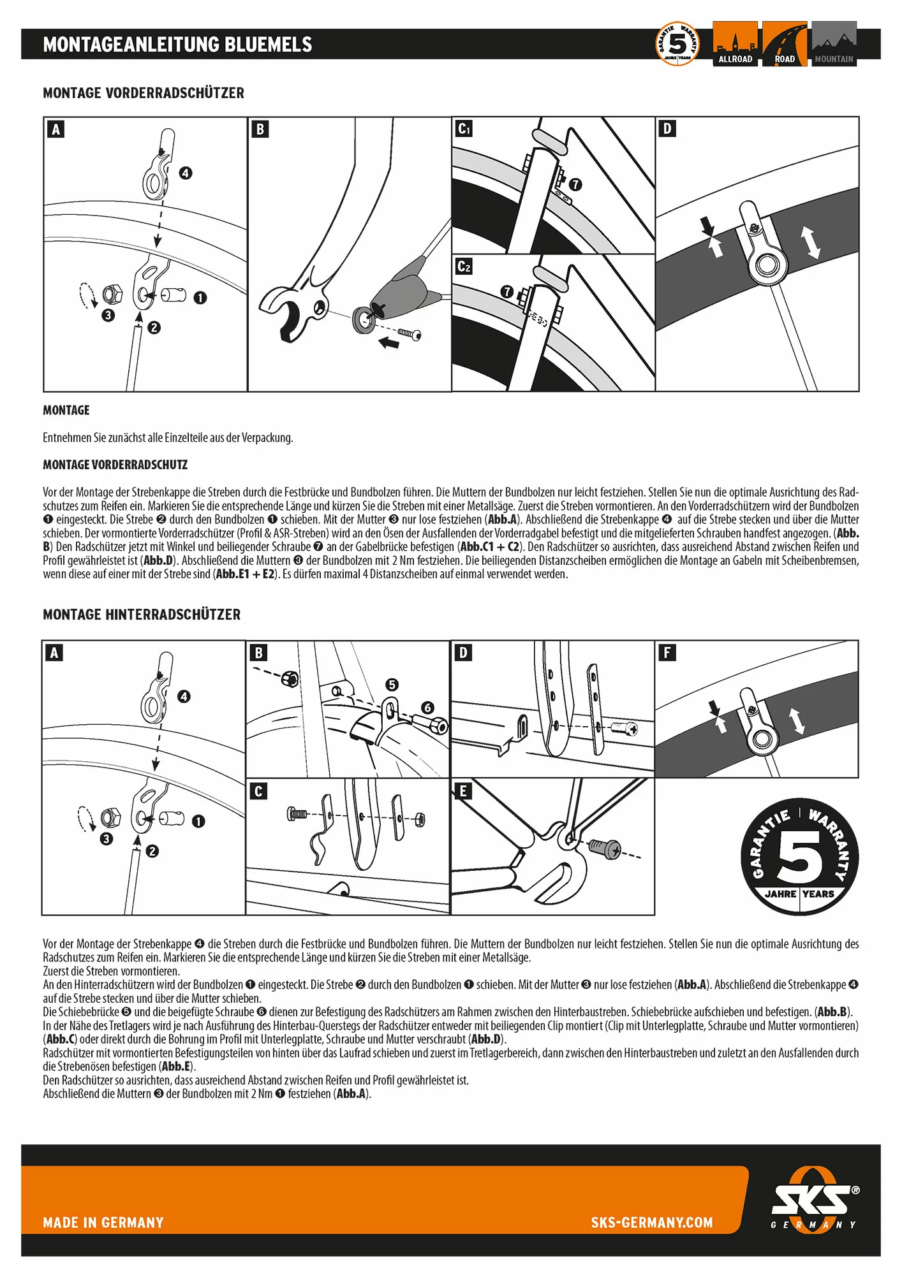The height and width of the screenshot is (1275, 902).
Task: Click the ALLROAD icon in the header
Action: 735,44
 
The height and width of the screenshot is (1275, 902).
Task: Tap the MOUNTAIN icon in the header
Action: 834,44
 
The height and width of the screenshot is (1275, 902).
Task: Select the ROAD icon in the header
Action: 785,44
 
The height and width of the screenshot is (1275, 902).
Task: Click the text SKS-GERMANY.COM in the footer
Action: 651,1223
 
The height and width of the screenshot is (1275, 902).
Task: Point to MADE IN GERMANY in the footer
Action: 103,1223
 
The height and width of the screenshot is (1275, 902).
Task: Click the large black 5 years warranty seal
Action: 799,857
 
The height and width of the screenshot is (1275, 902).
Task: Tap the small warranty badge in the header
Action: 677,43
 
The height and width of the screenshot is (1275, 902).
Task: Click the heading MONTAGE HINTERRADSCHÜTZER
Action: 142,615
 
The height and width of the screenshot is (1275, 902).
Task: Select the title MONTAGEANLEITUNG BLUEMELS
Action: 177,45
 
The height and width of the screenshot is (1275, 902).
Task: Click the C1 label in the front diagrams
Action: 464,129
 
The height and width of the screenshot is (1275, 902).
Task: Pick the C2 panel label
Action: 464,266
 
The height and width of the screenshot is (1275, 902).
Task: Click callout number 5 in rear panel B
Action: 392,685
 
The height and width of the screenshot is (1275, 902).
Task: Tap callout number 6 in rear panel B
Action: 427,708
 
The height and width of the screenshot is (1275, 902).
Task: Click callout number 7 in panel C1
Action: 575,184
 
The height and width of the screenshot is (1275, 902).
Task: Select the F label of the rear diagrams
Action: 667,653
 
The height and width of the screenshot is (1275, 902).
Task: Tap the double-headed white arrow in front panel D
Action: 811,243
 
